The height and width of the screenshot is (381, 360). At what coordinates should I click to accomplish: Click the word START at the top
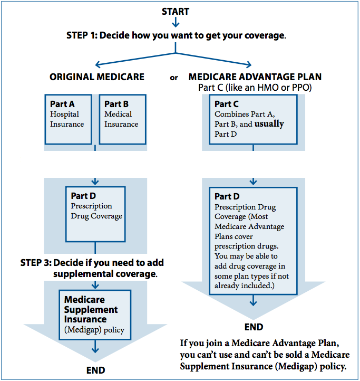(176, 11)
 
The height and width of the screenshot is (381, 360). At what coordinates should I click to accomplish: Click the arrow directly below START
(176, 23)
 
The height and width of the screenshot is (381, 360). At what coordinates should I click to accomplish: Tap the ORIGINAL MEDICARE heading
(97, 77)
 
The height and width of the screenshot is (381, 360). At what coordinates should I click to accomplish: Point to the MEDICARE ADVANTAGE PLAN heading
(255, 77)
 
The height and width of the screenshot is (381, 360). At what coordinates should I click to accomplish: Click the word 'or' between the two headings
(173, 78)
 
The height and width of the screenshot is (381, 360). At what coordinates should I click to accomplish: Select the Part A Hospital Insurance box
(68, 119)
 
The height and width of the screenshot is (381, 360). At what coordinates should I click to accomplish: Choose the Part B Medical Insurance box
(122, 119)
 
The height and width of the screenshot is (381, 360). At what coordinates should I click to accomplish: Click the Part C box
(253, 119)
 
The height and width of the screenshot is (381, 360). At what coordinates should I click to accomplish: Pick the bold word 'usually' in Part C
(269, 124)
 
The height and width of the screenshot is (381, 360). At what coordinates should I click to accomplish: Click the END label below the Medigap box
(95, 370)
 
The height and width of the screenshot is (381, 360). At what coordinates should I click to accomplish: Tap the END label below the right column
(254, 327)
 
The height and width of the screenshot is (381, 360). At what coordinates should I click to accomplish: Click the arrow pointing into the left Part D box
(95, 182)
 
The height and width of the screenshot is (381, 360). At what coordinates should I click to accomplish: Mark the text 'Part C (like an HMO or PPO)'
(255, 87)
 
